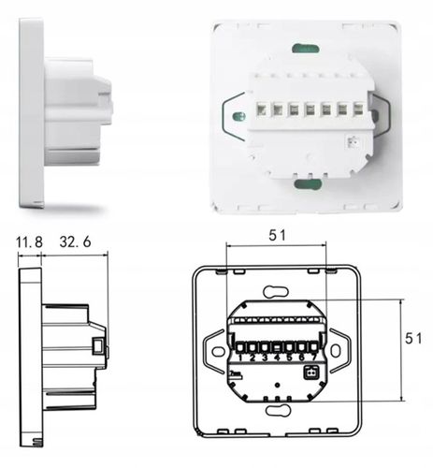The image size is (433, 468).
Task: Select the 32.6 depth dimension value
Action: pos(77,242)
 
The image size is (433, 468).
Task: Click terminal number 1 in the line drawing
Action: pos(241,357)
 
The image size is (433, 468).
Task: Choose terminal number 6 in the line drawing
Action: pos(301,357)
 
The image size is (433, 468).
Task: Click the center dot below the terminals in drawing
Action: pos(278,387)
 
